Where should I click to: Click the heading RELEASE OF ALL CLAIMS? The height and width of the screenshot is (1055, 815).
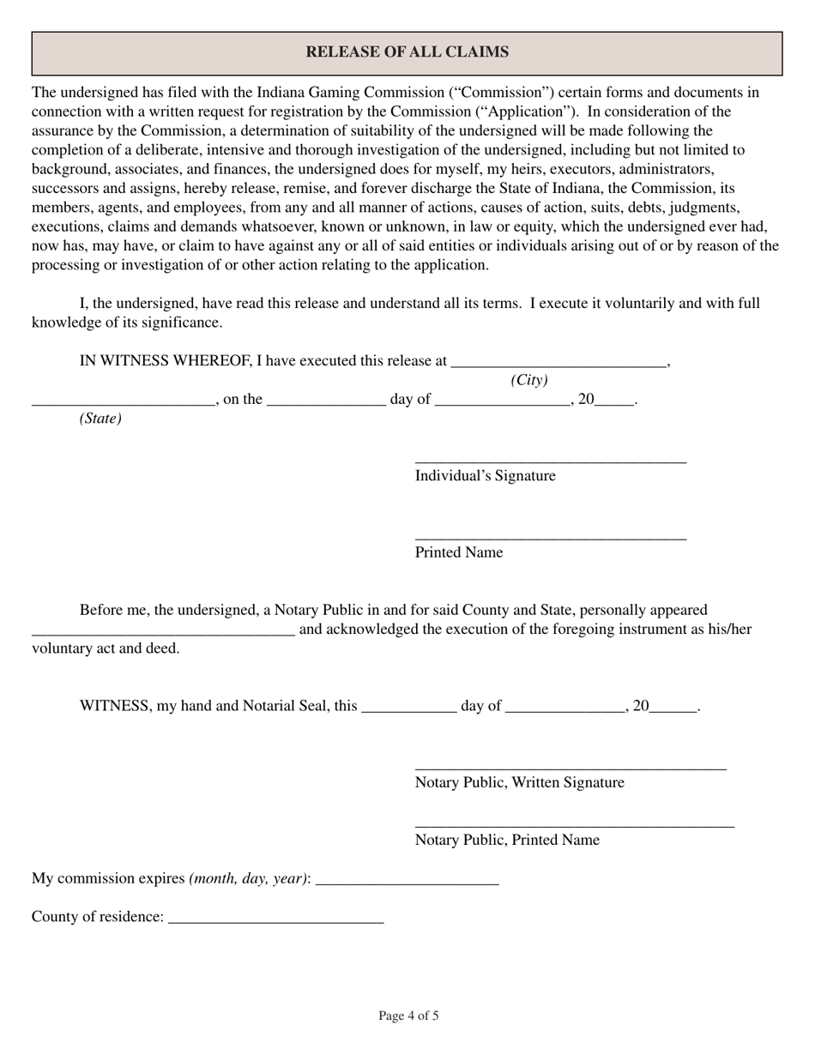(x=407, y=52)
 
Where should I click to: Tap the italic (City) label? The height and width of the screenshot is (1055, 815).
(x=528, y=380)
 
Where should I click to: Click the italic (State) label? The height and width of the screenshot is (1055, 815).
(x=100, y=419)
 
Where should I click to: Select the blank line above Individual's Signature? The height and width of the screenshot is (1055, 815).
(x=550, y=461)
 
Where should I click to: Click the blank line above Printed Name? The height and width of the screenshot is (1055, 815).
(x=550, y=538)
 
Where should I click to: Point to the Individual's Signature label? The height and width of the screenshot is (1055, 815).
(x=485, y=476)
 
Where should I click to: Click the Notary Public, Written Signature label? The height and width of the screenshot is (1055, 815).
(x=519, y=782)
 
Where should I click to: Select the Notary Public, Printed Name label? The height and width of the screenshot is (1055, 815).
(x=507, y=840)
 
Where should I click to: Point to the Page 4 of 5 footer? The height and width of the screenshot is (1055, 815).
(x=408, y=1016)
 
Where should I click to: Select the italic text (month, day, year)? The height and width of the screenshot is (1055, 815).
(x=248, y=878)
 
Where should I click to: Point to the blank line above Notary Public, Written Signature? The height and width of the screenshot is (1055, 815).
(x=570, y=768)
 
